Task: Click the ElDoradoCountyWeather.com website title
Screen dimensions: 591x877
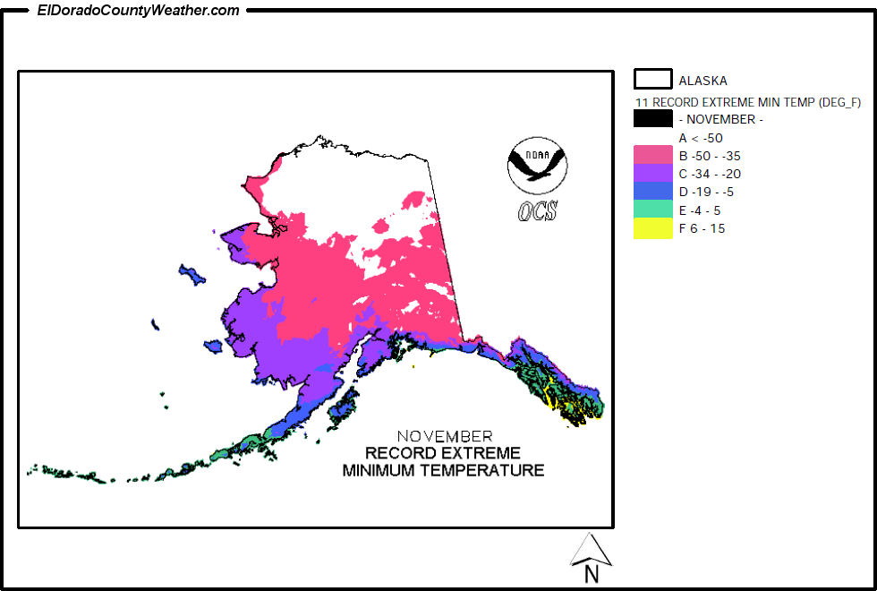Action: (139, 11)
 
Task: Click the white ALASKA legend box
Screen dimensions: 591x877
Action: (652, 80)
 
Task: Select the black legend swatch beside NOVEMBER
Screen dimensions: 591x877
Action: (652, 119)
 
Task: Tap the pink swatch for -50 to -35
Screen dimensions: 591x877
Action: (652, 155)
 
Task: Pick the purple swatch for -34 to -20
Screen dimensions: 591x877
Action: (652, 173)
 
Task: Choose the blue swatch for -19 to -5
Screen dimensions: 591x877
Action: (652, 192)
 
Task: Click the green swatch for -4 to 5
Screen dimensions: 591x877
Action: (652, 210)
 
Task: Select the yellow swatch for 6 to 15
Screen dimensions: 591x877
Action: (652, 228)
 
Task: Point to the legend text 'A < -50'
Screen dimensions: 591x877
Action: (701, 138)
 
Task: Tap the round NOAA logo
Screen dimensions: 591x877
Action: (537, 166)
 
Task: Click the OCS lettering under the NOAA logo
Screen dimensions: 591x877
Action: (537, 211)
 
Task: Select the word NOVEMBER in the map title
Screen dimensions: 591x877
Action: (444, 436)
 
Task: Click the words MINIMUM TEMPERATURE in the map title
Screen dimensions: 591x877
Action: (443, 470)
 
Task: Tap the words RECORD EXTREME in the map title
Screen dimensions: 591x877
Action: (443, 453)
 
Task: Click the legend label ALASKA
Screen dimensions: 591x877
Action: (702, 81)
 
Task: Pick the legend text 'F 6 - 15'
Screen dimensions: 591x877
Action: (702, 228)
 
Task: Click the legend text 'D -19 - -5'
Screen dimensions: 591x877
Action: (710, 192)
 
